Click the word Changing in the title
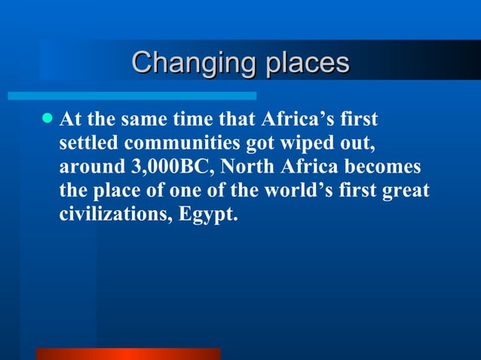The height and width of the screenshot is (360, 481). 193,63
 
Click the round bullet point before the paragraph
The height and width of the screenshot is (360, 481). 47,119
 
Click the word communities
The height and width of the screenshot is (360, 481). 176,143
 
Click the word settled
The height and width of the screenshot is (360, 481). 87,143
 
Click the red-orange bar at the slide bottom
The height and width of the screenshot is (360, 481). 128,354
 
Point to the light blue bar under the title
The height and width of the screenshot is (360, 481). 132,96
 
